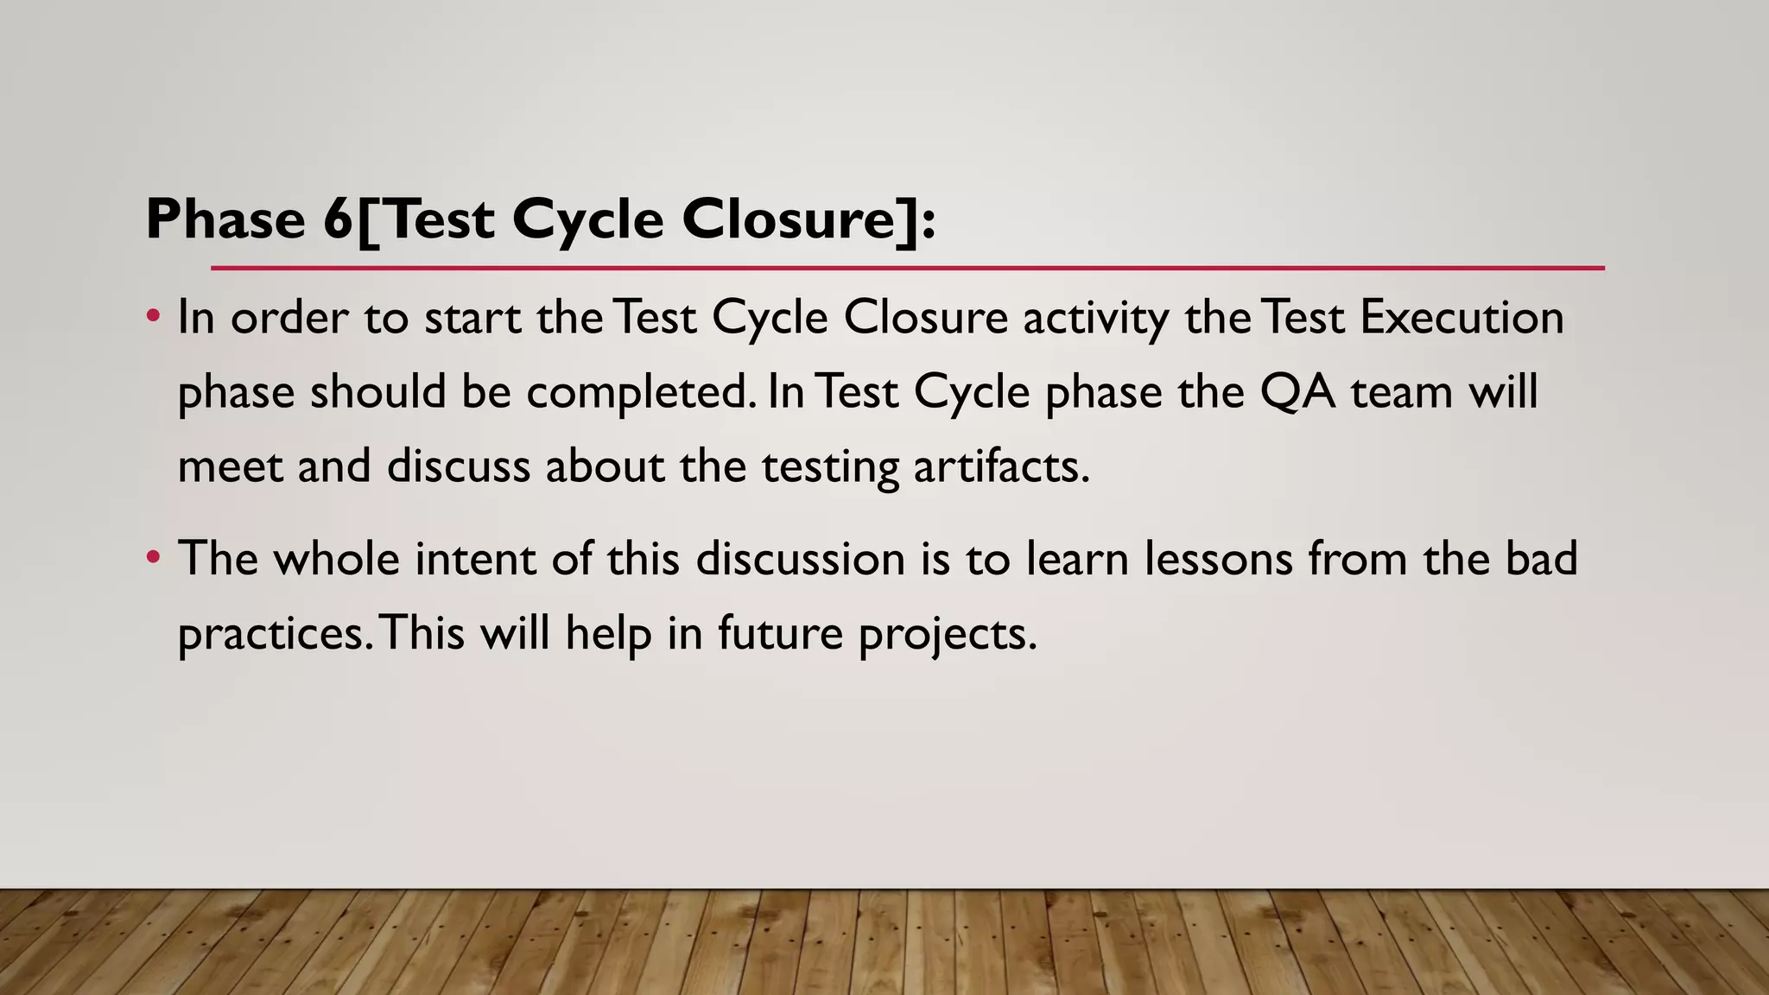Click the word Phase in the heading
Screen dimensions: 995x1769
click(225, 219)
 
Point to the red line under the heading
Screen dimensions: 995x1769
click(907, 269)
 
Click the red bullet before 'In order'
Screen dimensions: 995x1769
click(153, 316)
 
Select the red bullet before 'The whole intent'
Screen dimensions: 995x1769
click(153, 557)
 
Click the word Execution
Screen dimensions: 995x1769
click(1461, 317)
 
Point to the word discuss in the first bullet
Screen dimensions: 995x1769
click(458, 466)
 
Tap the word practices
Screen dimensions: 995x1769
click(273, 634)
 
